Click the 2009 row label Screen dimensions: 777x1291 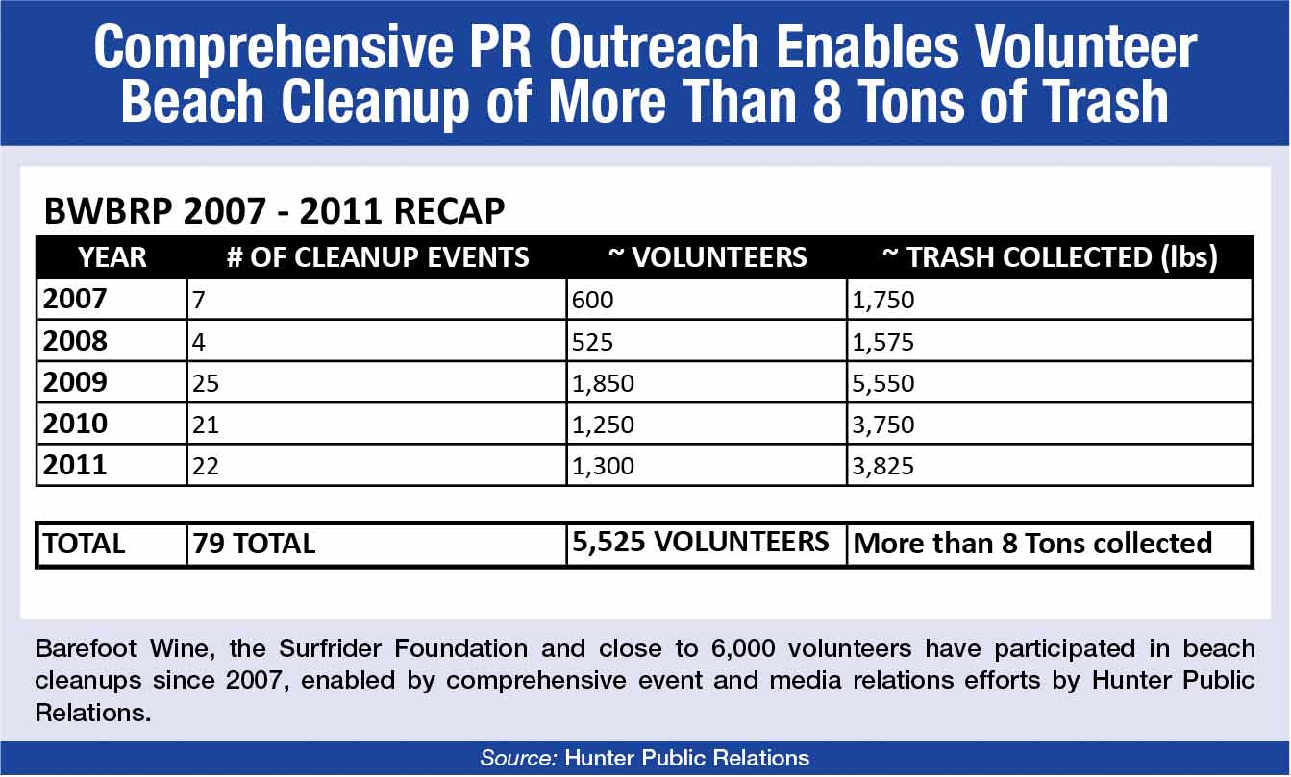click(75, 382)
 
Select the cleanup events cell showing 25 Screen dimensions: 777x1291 click(206, 384)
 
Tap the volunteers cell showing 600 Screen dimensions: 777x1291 click(592, 302)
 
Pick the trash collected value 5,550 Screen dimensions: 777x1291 click(883, 384)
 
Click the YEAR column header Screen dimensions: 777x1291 click(112, 257)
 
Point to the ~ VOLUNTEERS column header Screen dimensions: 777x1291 click(708, 257)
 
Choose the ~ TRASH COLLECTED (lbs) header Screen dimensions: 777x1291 click(1050, 257)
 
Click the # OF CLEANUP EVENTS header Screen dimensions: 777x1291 click(378, 257)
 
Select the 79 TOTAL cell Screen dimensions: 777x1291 click(254, 544)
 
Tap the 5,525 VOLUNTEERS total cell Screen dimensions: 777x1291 click(700, 542)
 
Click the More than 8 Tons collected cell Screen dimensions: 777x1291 click(1032, 544)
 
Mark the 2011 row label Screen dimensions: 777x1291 click(75, 465)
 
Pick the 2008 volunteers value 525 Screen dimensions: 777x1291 click(592, 343)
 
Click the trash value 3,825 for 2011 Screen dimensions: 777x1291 click(883, 467)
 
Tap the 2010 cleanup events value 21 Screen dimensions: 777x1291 click(205, 425)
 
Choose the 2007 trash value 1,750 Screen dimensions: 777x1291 click(883, 302)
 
